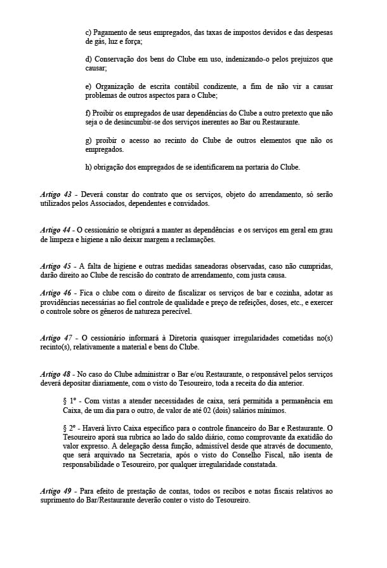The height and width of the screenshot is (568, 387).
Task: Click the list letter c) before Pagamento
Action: (88, 32)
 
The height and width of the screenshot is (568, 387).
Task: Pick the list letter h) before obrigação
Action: (88, 167)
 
